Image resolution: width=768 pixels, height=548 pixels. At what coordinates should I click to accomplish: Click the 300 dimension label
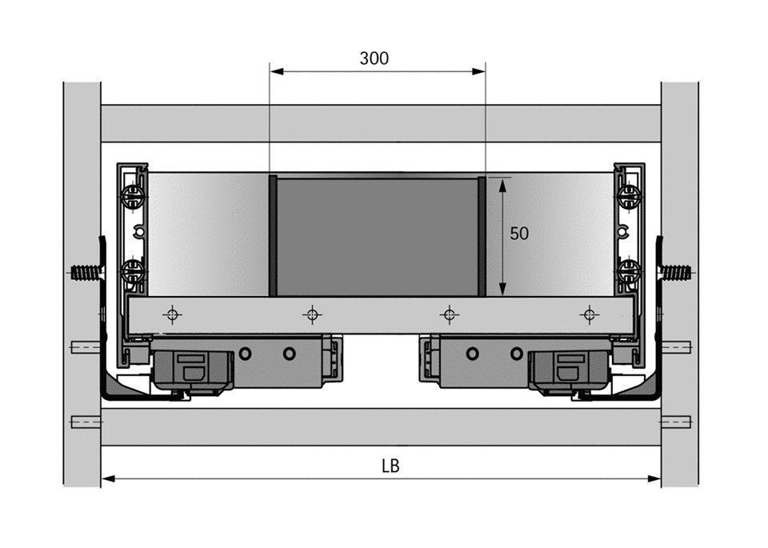(x=374, y=58)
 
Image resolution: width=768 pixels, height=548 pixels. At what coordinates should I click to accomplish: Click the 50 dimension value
(x=519, y=234)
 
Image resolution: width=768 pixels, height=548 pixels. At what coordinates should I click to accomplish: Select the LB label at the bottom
(x=390, y=466)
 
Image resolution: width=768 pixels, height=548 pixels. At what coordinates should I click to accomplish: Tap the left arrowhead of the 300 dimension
(x=277, y=71)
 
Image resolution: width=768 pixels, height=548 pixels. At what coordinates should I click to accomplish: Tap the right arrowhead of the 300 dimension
(x=478, y=71)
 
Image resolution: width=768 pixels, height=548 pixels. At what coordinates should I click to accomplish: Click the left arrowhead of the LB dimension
(x=108, y=478)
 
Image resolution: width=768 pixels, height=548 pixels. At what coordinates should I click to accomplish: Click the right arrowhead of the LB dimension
(x=654, y=478)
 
